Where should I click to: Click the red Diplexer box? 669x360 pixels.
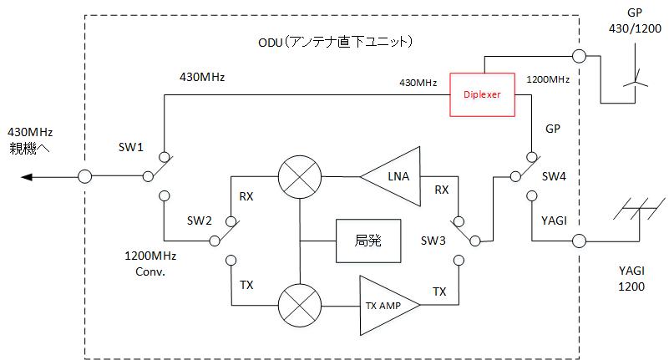(482, 94)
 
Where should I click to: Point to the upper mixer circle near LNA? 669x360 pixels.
(298, 176)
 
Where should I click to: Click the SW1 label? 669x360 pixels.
(131, 146)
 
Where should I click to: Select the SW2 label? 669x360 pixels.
(200, 221)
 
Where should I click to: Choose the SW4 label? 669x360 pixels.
(555, 176)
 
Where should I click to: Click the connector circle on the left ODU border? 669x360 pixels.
(84, 176)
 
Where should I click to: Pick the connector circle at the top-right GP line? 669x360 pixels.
(577, 55)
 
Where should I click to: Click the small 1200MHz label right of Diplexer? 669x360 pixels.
(548, 80)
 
